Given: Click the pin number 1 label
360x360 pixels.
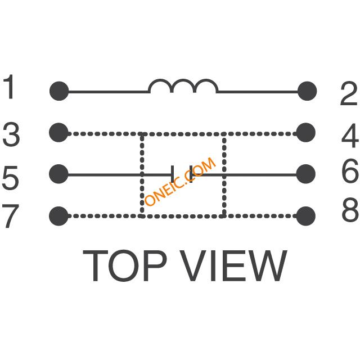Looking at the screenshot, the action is click(x=8, y=87).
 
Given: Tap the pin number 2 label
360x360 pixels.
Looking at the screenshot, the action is click(x=349, y=93).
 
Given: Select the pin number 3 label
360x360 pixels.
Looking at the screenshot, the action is click(x=11, y=134).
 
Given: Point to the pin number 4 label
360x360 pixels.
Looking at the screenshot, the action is click(x=350, y=136).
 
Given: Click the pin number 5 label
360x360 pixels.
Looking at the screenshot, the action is click(x=10, y=178).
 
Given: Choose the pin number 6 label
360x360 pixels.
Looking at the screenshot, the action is click(x=350, y=171).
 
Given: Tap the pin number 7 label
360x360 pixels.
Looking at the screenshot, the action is click(x=10, y=216).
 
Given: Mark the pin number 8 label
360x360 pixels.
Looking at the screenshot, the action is click(x=350, y=209).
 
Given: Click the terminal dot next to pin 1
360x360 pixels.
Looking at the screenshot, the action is click(x=59, y=91).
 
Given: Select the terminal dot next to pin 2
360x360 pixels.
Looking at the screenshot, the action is click(x=307, y=91).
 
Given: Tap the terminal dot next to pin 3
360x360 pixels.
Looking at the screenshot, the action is click(x=58, y=133).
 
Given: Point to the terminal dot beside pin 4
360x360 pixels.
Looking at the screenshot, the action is click(x=306, y=133).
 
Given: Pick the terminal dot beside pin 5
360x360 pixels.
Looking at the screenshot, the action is click(x=58, y=174).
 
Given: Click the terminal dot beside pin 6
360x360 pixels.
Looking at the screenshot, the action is click(x=306, y=174).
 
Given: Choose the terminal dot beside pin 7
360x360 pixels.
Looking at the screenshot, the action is click(x=58, y=216).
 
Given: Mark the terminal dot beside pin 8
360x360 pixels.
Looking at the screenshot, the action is click(x=306, y=216).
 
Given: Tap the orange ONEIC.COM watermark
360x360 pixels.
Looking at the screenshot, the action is click(x=181, y=181).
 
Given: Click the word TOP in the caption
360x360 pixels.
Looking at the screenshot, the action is click(x=124, y=265).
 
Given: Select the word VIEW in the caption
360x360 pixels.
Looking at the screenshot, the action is click(x=233, y=265).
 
